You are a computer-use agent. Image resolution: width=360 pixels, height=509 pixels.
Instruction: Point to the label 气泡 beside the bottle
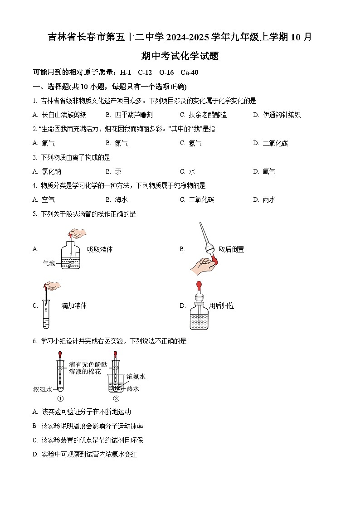(49, 263)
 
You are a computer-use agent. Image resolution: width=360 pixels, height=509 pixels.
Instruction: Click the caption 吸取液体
(100, 249)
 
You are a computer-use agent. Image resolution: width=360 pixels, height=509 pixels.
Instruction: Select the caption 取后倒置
(231, 249)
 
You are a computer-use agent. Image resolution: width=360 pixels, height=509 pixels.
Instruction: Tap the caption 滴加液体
(74, 305)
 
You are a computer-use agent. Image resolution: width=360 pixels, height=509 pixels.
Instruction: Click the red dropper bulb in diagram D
(199, 285)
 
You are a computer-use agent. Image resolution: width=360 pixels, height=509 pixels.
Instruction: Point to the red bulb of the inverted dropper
(213, 262)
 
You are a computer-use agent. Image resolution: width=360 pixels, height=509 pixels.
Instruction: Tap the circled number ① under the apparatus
(60, 399)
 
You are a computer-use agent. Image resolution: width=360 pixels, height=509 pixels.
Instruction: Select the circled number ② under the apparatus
(116, 399)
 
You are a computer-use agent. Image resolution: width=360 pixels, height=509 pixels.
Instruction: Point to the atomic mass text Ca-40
(189, 73)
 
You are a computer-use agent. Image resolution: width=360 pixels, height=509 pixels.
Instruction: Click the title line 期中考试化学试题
(180, 56)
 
